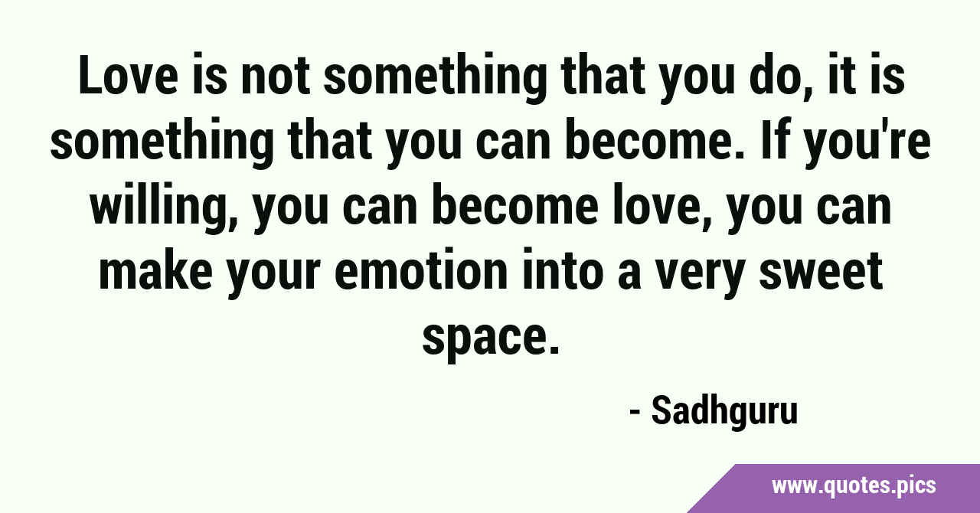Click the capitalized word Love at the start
128,75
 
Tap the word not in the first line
276,75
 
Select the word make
156,270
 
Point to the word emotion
421,270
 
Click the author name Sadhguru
725,410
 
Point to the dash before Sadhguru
635,413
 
